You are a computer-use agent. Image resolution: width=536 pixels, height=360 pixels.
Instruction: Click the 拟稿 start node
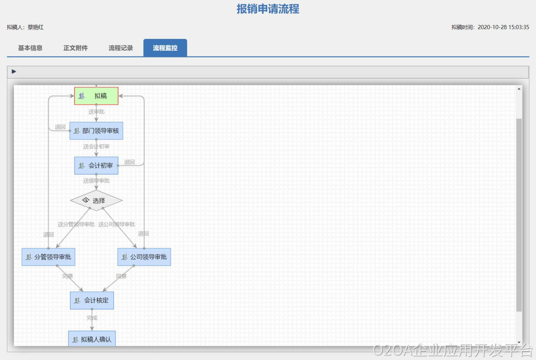(x=96, y=96)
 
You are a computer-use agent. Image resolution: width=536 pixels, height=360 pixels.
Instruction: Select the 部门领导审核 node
(x=96, y=131)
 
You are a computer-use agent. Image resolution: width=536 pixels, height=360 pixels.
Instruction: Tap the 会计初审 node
(x=96, y=165)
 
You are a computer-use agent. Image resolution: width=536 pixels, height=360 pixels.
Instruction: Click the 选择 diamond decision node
(x=96, y=200)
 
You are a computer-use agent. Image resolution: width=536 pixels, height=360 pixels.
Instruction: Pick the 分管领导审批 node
(x=48, y=257)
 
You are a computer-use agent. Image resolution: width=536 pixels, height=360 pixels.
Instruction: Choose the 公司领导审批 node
(x=144, y=257)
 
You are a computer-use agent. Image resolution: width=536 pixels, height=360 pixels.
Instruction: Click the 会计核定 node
(x=92, y=300)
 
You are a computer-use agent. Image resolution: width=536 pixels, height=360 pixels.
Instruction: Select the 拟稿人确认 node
(x=92, y=339)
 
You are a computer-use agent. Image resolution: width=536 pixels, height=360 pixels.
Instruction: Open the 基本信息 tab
(x=30, y=48)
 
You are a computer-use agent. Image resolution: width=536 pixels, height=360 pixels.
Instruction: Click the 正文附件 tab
(x=75, y=48)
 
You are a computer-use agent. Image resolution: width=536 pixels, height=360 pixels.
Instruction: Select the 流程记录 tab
(x=121, y=48)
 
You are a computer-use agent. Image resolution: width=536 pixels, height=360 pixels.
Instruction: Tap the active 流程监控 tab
(x=165, y=48)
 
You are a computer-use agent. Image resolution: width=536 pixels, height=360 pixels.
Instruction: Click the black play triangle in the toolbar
(x=14, y=71)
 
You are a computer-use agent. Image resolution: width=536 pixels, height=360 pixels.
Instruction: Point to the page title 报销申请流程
(x=268, y=9)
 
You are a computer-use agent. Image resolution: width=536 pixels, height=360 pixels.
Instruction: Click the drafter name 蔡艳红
(x=36, y=27)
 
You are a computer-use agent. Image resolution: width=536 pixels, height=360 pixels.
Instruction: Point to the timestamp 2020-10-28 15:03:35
(x=503, y=27)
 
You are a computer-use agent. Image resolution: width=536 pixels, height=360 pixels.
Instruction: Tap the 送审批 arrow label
(x=96, y=112)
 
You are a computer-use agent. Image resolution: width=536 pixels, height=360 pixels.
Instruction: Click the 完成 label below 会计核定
(x=92, y=318)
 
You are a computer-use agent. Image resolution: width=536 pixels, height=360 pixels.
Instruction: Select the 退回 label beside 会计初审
(x=129, y=162)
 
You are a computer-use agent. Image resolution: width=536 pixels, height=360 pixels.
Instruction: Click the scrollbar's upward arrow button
(x=519, y=89)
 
